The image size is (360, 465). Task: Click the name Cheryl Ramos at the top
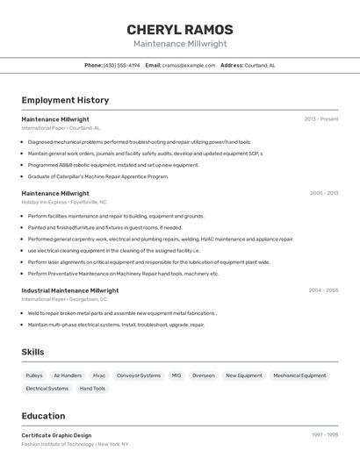(180, 30)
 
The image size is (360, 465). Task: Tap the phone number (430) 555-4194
(121, 65)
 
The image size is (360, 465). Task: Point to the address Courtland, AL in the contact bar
(260, 65)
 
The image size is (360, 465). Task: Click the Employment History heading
(65, 100)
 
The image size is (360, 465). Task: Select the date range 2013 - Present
(320, 118)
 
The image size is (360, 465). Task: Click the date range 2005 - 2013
(323, 193)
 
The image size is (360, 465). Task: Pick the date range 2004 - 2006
(323, 290)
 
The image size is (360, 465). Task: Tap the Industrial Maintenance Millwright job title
(69, 290)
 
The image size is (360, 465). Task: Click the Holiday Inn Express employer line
(64, 202)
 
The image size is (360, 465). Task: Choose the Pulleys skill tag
(34, 376)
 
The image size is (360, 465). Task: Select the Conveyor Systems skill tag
(139, 376)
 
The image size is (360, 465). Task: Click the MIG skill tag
(176, 376)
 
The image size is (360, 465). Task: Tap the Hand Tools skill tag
(92, 388)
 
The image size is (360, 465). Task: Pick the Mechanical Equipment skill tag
(299, 376)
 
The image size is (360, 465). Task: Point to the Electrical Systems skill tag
(47, 388)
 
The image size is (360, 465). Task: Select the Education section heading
(43, 416)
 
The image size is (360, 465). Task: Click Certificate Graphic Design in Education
(56, 435)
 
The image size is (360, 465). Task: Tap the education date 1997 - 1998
(324, 434)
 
